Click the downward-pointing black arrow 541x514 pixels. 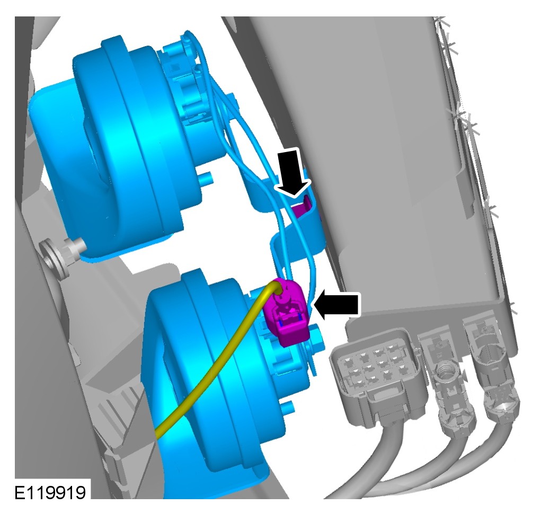293,173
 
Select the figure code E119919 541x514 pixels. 50,493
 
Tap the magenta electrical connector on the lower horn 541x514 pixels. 286,312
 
